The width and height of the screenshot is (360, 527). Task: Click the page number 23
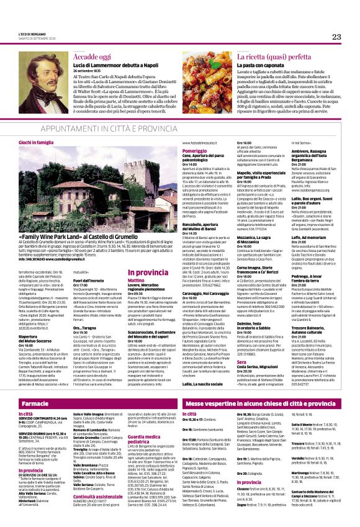pyautogui.click(x=336, y=37)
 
